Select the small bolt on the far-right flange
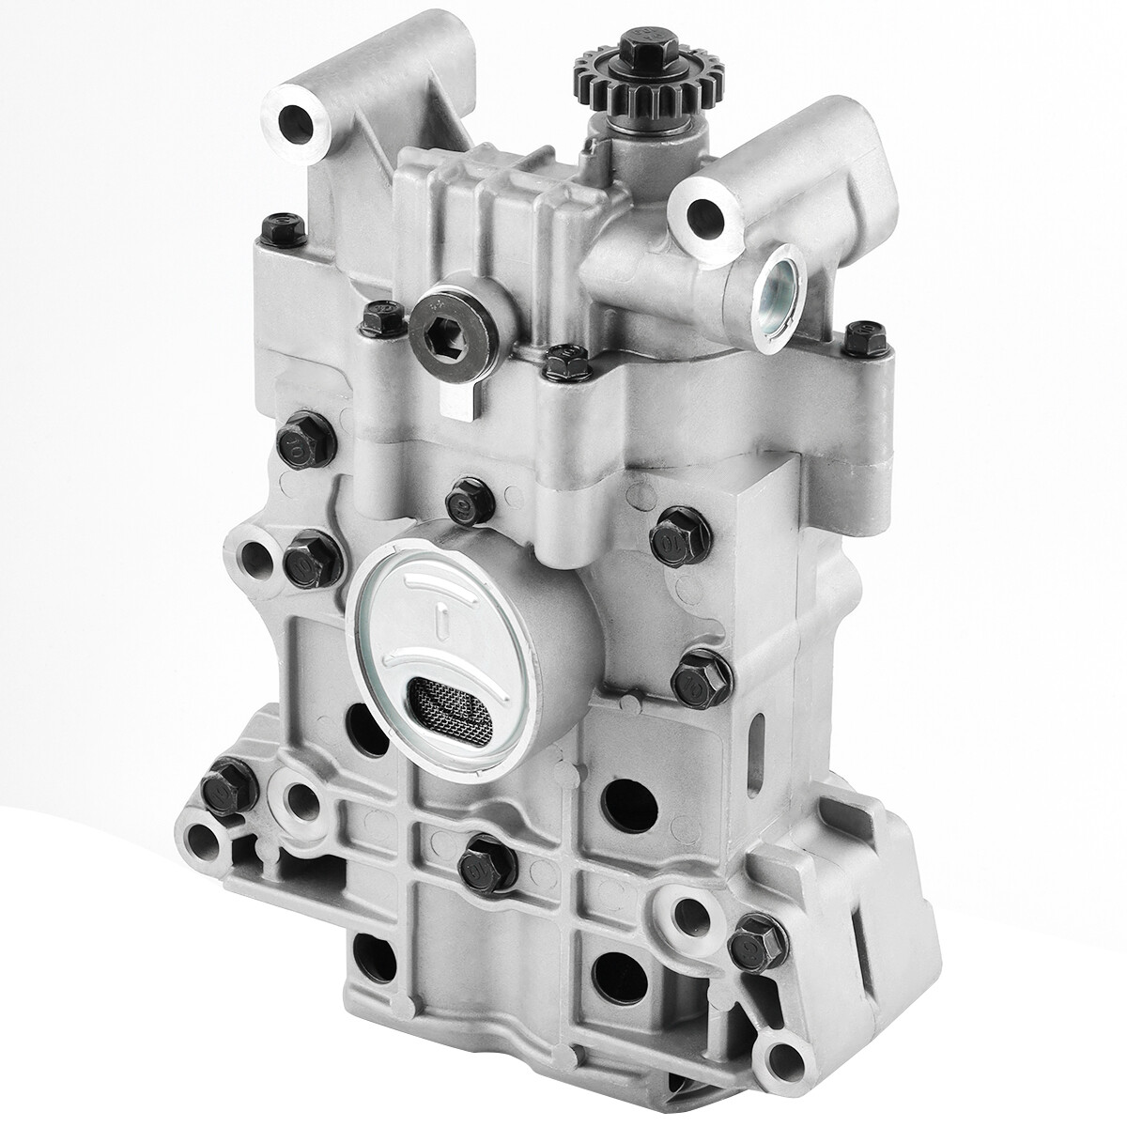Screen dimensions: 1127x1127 865,339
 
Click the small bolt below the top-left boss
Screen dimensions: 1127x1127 285,228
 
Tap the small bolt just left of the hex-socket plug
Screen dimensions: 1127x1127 380,318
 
